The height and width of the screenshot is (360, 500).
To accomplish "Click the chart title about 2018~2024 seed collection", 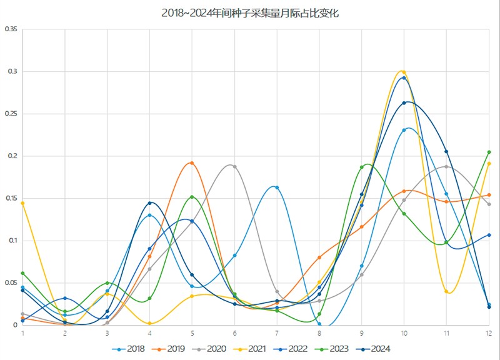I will [x=250, y=12].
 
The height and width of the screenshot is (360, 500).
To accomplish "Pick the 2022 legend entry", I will [x=300, y=349].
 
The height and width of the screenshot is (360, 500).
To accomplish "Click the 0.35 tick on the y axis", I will [x=10, y=29].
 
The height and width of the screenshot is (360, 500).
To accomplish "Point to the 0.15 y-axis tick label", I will [x=10, y=198].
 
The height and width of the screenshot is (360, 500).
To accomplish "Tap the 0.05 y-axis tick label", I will [x=10, y=282].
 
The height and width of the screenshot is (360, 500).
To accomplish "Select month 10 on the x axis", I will [x=404, y=334].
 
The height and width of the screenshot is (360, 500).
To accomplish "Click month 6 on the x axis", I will [x=234, y=334].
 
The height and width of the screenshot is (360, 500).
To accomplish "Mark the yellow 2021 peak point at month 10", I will [x=404, y=72].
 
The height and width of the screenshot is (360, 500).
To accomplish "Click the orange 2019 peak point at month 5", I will [x=192, y=163].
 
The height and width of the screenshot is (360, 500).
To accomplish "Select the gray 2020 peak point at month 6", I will [x=234, y=166].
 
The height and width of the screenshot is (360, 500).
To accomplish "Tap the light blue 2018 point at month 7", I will [x=277, y=187].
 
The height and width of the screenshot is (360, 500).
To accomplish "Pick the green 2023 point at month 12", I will [x=489, y=152].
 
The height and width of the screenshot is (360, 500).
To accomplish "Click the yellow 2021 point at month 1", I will [x=22, y=203].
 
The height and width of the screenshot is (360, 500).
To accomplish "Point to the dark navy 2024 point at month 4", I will [x=149, y=203].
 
